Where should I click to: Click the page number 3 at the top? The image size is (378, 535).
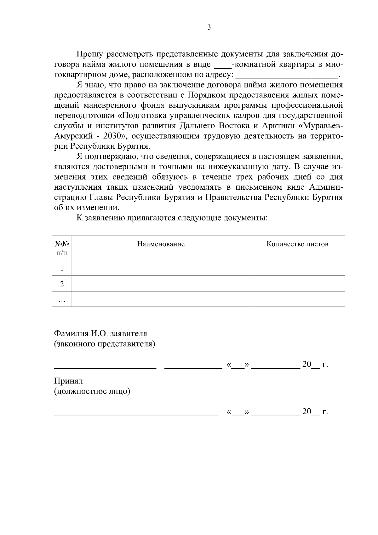(209, 27)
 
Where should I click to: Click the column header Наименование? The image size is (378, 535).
(161, 244)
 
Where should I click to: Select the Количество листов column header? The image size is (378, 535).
(297, 244)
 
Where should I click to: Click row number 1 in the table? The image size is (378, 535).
(62, 268)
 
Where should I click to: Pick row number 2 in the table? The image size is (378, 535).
(62, 284)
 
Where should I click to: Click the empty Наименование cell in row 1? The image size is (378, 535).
(161, 268)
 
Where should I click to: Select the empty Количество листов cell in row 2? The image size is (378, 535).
(297, 284)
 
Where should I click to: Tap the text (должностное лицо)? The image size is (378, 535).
(92, 392)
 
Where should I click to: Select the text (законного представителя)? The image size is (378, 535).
(105, 344)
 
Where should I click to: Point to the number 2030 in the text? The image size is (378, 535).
(112, 136)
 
